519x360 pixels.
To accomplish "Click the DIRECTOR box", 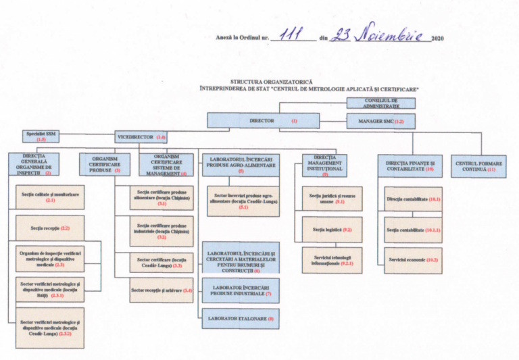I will tap(263, 121).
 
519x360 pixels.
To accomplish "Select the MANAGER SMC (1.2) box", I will tap(380, 121).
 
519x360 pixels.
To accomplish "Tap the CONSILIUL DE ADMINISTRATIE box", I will tap(380, 103).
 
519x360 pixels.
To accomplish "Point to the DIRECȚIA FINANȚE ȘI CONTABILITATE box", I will tap(410, 166).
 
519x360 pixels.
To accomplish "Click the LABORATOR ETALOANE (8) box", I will tap(240, 318).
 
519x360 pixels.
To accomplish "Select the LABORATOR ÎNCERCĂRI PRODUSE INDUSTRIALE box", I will tap(240, 290).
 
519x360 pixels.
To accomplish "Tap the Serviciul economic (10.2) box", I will tap(413, 259).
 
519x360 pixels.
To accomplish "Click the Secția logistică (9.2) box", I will tap(332, 230).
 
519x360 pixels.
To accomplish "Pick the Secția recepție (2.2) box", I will tap(50, 228).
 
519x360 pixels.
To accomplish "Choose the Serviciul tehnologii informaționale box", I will tap(332, 260).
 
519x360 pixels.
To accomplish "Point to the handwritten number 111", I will tap(289, 35).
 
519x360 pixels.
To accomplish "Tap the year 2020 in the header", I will tap(438, 38).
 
